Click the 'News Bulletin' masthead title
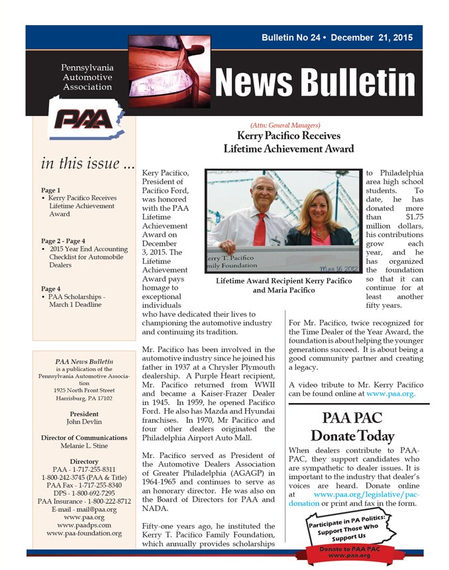point(315,82)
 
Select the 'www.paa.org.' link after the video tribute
point(391,393)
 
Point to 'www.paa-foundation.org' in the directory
point(83,533)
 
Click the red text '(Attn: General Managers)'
point(285,125)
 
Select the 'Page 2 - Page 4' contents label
point(63,240)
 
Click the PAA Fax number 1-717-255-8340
point(83,485)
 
